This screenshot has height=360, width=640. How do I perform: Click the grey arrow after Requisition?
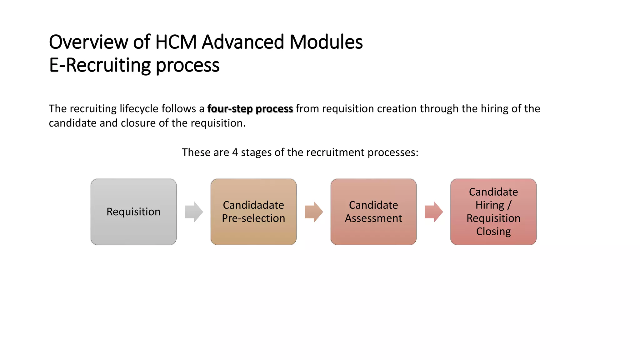pos(194,212)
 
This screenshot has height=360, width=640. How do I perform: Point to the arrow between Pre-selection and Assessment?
pos(314,212)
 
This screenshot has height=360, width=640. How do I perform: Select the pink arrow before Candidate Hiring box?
pos(434,212)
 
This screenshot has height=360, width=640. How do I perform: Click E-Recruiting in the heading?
pos(100,65)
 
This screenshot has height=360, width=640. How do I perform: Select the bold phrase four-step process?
pos(250,109)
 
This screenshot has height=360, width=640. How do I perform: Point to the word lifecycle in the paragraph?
pos(139,109)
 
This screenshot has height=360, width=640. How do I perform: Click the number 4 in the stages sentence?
pos(235,152)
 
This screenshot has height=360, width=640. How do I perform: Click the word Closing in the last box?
pos(493,232)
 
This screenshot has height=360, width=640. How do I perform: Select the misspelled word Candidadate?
pos(253,205)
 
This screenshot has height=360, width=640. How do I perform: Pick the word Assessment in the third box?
pos(373,218)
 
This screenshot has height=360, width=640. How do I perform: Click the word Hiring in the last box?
pos(490,205)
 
